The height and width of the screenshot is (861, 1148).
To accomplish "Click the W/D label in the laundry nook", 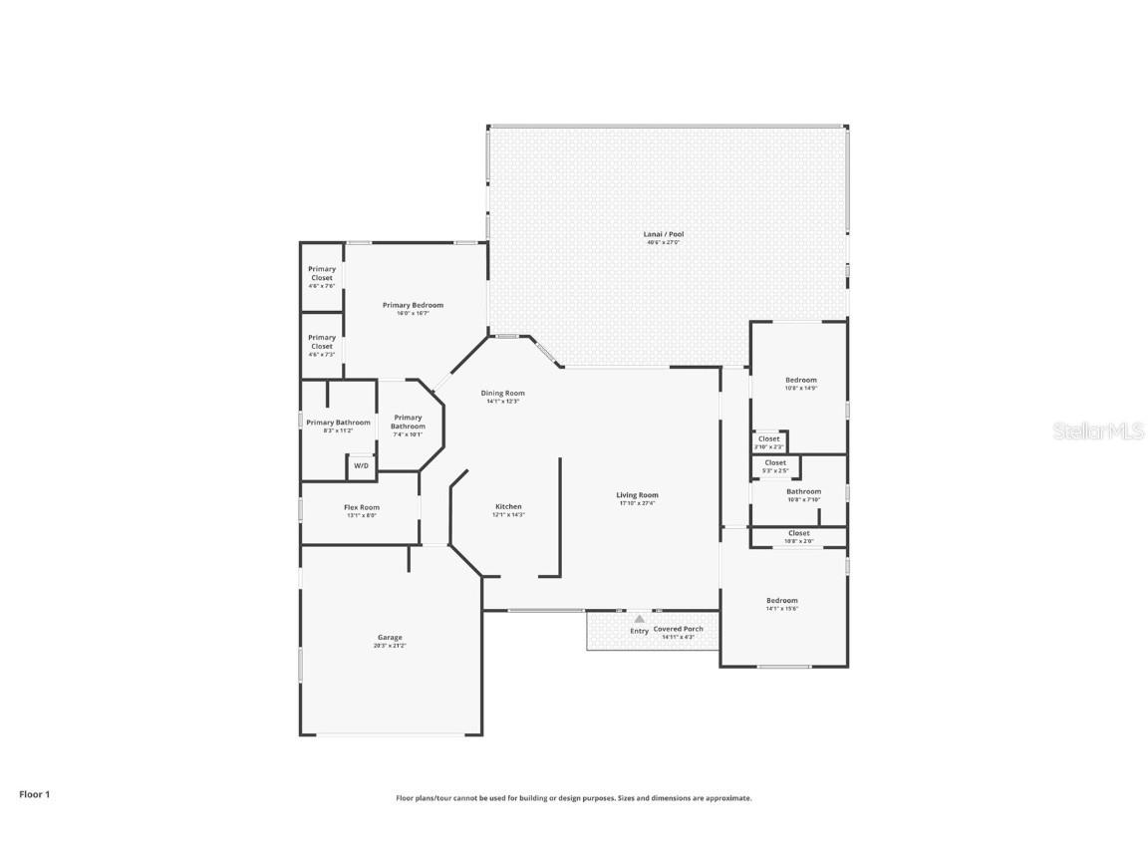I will pos(361,465).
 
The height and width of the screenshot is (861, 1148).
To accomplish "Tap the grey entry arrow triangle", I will pos(639,619).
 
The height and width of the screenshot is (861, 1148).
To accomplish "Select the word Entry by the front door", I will pos(639,631).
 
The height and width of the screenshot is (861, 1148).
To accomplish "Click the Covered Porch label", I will pos(679,629).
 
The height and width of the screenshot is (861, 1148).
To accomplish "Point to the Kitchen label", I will pos(508,506).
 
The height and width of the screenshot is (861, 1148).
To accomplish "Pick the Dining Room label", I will pos(503,393).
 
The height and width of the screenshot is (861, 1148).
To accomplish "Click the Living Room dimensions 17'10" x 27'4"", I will pos(637,503).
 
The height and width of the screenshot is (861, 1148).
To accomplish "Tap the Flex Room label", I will pos(362,507).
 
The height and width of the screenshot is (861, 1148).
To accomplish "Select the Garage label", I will pos(390,638).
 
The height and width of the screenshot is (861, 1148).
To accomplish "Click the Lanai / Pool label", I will pos(665,234).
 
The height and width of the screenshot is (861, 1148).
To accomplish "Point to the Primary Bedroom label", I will pos(414,305).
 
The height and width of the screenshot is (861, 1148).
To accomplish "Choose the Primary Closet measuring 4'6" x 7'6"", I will pos(322,273).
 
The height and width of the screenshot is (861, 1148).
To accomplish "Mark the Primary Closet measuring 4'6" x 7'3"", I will pos(322,342).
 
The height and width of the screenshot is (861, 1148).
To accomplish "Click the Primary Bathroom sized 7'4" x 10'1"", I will pos(408,422).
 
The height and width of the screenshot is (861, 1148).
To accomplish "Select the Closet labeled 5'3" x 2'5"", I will pos(775,462).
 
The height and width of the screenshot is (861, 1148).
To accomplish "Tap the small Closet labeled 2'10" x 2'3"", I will pos(768,438).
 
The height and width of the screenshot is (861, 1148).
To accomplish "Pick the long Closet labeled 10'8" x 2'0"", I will pos(798,533).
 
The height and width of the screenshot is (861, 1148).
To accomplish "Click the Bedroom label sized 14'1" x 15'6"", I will pos(782,601).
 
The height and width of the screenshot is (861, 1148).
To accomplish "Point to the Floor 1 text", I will pos(34,794).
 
